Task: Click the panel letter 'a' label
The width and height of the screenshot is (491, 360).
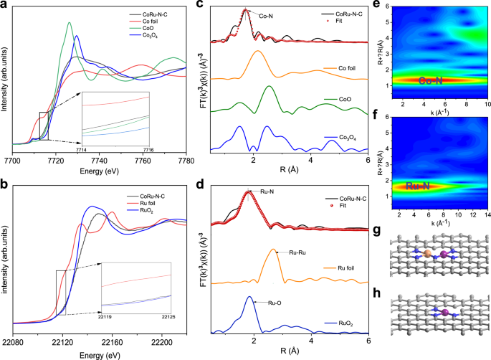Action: pyautogui.click(x=4, y=5)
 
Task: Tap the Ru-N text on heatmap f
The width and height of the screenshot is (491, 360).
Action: pyautogui.click(x=419, y=186)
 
